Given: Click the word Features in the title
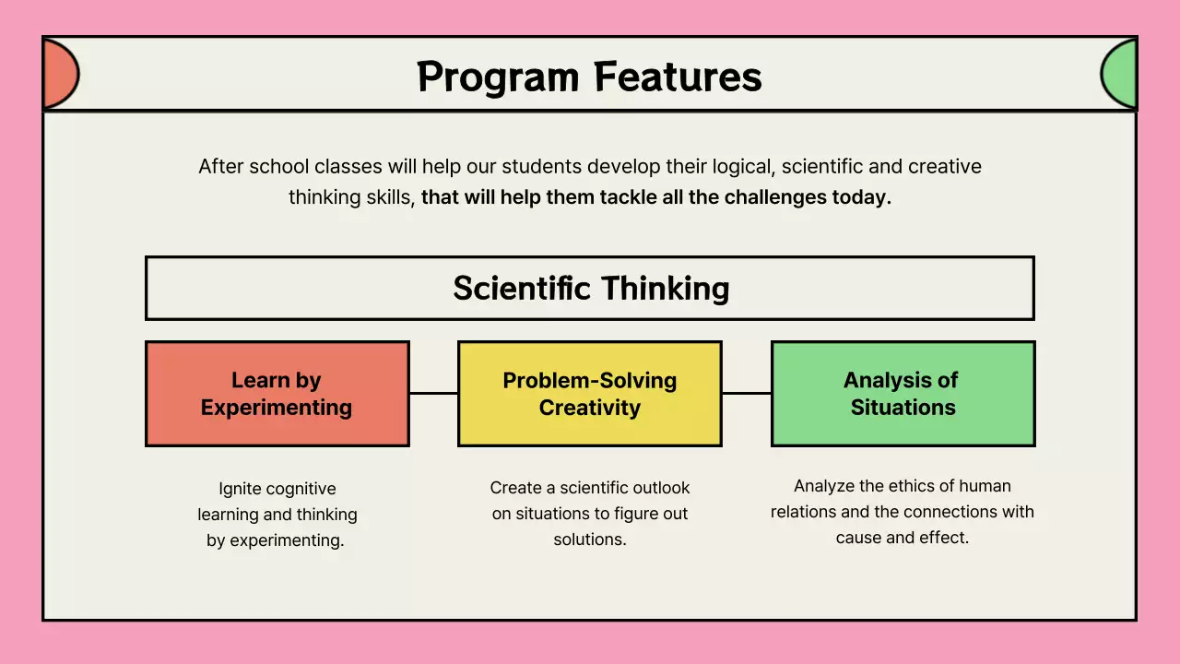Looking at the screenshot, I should [x=678, y=77].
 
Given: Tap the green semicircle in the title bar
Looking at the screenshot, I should [x=1120, y=74].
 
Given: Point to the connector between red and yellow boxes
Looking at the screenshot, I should [x=433, y=394].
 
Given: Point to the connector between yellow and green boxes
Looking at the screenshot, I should [x=746, y=394].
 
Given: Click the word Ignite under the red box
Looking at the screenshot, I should [x=239, y=489].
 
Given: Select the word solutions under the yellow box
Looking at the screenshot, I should [x=590, y=539].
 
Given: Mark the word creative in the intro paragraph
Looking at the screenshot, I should [x=945, y=167].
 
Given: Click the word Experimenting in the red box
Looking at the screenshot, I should [x=277, y=408].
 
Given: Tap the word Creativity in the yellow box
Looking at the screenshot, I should [x=590, y=408].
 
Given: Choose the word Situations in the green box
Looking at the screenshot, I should [x=903, y=408].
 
